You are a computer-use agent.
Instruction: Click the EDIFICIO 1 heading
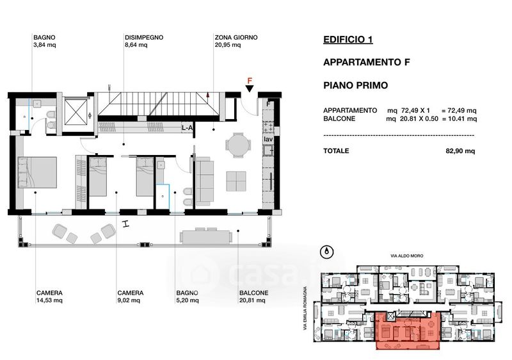tap(348, 40)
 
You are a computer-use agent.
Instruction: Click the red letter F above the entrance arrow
tap(250, 81)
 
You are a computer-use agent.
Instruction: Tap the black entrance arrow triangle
tap(250, 88)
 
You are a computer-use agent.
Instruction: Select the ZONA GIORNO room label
tap(236, 38)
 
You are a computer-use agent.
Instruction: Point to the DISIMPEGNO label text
tap(144, 38)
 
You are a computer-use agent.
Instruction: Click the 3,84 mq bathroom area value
tap(44, 45)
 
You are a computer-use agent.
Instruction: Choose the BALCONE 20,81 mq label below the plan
tap(253, 297)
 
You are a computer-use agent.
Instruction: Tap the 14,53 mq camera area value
tap(49, 300)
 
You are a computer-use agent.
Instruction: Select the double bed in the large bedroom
tap(37, 172)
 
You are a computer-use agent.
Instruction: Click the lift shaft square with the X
tap(76, 112)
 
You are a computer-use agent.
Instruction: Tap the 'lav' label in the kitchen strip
tap(268, 139)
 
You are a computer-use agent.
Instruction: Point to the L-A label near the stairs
tap(187, 128)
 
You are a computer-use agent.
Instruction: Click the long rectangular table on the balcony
tap(205, 237)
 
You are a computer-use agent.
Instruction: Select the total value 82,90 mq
tap(460, 151)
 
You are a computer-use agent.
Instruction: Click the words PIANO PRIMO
tap(356, 86)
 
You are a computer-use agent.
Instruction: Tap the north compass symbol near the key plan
tap(328, 252)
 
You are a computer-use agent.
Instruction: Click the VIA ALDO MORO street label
tap(407, 256)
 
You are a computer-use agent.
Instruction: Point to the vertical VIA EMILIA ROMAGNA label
tap(305, 308)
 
